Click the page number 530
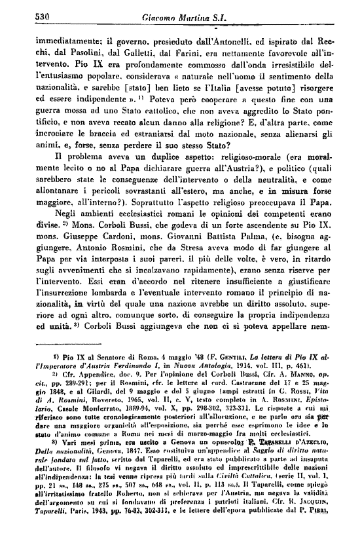pos(25,17)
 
